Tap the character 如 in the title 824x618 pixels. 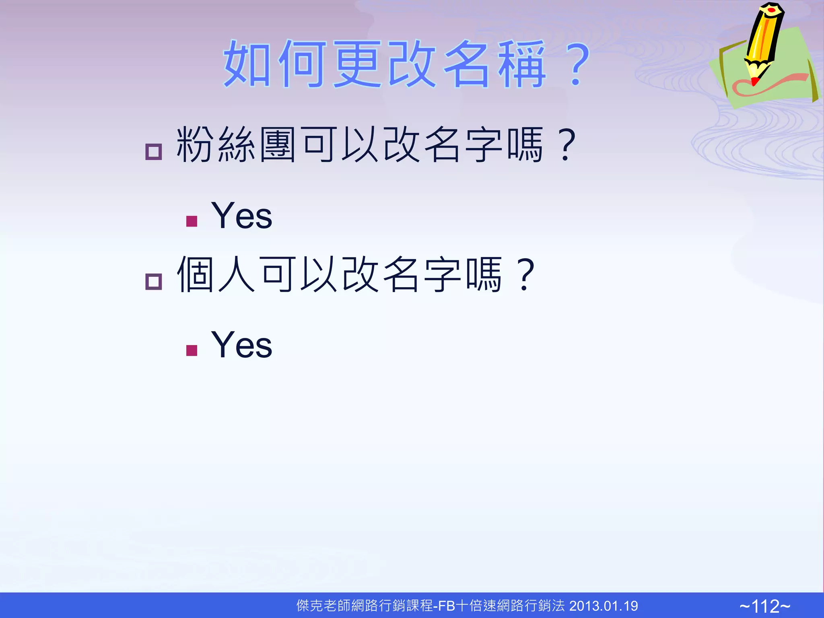pyautogui.click(x=247, y=64)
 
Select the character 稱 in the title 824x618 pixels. pyautogui.click(x=522, y=64)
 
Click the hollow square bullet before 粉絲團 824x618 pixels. pyautogui.click(x=153, y=152)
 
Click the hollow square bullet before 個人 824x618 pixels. pyautogui.click(x=153, y=281)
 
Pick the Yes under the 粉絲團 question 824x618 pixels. pyautogui.click(x=241, y=216)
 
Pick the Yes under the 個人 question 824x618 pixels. pyautogui.click(x=241, y=345)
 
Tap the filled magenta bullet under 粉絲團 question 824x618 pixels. pyautogui.click(x=192, y=221)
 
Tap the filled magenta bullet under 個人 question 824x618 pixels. pyautogui.click(x=192, y=350)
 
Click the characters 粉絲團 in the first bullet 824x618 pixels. pyautogui.click(x=236, y=144)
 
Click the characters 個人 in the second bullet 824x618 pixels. pyautogui.click(x=216, y=274)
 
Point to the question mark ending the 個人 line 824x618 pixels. pyautogui.click(x=525, y=274)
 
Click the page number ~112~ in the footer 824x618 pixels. pyautogui.click(x=765, y=606)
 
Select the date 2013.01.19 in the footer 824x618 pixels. pyautogui.click(x=604, y=606)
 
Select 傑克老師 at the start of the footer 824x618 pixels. pyautogui.click(x=323, y=606)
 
